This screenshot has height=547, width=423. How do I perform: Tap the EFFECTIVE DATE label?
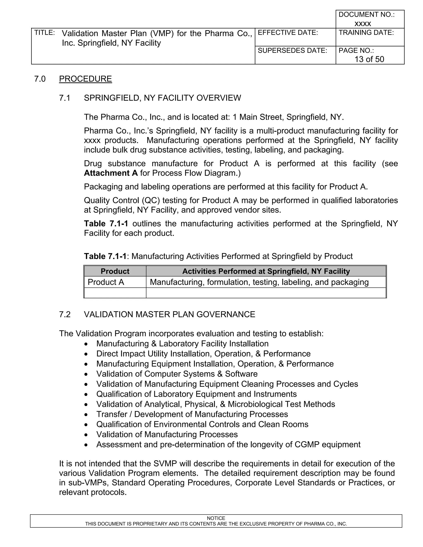pos(288,33)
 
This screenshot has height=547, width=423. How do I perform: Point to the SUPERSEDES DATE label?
pos(292,51)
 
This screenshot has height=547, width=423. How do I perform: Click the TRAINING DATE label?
pos(366,33)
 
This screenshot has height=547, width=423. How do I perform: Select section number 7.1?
pos(65,98)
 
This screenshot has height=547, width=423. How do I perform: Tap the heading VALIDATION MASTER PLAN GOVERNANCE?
pos(169,314)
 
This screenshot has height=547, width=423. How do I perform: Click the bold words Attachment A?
pos(111,173)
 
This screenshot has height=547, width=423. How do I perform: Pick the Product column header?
pos(115,271)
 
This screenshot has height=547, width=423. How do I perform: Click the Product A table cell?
pos(106,282)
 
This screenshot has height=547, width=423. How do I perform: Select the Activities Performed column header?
pos(266,271)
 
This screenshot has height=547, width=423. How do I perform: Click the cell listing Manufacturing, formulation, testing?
pos(259,282)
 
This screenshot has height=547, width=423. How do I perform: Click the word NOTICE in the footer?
pos(216,518)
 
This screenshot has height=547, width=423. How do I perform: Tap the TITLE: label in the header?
pos(44,33)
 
